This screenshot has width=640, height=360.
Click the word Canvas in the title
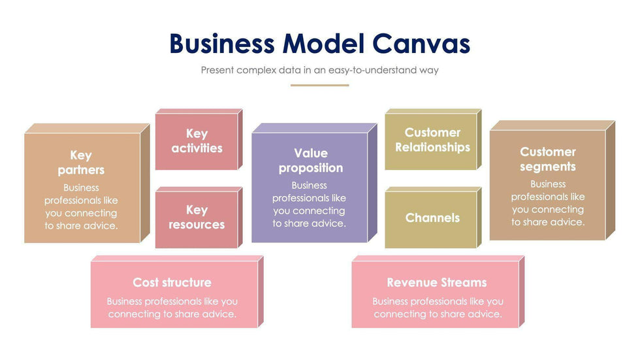click(422, 44)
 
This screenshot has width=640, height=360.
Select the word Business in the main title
click(222, 44)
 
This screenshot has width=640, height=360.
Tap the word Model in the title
click(324, 44)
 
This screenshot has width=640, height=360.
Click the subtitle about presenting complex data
click(319, 70)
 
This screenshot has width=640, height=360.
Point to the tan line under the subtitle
click(319, 85)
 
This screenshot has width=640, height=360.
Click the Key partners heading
click(81, 163)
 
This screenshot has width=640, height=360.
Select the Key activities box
click(197, 141)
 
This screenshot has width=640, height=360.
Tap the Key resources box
click(197, 218)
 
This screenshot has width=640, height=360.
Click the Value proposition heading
click(310, 161)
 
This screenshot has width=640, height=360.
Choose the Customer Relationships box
click(432, 140)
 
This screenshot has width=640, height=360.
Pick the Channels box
click(432, 218)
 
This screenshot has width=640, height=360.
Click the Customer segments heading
click(548, 159)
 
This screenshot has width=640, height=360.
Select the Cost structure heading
click(172, 282)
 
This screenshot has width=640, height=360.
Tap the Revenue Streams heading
click(436, 282)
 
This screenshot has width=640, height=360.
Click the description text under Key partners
click(81, 206)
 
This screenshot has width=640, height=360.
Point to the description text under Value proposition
click(310, 205)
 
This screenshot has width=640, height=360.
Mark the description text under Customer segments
click(548, 203)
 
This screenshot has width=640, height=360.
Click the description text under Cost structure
click(172, 308)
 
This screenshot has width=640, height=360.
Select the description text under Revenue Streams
click(438, 308)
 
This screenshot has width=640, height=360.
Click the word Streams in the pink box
click(462, 282)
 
